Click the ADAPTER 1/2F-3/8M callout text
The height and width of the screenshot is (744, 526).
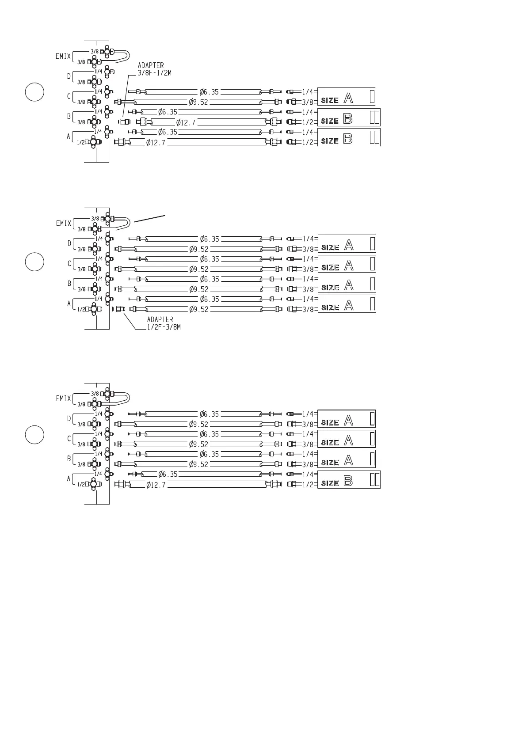coord(164,323)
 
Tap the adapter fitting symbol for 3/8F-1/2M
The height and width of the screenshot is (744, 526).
coord(126,121)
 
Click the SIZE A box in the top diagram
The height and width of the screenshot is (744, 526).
coord(346,96)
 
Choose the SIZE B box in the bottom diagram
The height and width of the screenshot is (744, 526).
coord(349,480)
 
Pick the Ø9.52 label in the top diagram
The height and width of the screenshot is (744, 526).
coord(198,102)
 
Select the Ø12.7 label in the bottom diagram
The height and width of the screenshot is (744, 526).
coord(156,485)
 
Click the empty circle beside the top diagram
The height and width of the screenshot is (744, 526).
coord(34,91)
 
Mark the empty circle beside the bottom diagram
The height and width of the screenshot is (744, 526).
coord(34,434)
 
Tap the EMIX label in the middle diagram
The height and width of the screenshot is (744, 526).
coord(64,223)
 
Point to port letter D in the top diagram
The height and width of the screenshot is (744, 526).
coord(69,76)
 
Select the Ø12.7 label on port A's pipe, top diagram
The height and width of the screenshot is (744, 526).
coord(156,143)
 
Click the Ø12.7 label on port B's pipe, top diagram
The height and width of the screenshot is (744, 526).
coord(186,122)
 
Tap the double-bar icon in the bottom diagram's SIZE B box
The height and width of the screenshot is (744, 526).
coord(374,479)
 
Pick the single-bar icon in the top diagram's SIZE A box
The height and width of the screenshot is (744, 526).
coord(372,96)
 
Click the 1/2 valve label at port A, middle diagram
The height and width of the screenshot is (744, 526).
coord(81,310)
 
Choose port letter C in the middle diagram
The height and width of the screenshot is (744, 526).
coord(69,264)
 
